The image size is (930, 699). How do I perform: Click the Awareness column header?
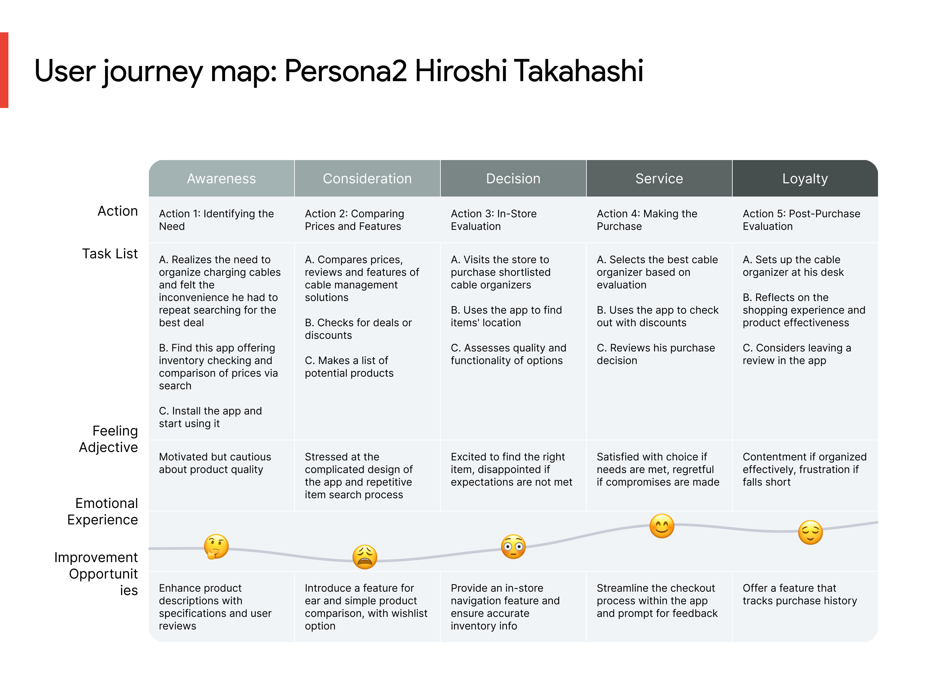(221, 178)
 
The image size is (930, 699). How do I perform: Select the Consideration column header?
(367, 178)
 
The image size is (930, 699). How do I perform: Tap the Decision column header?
(513, 178)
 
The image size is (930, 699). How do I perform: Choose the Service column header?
(659, 178)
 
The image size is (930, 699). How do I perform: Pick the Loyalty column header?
(805, 178)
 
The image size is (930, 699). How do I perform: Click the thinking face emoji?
(216, 546)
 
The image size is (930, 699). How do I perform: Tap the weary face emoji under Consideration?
(365, 557)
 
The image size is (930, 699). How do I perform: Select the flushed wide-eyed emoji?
(513, 546)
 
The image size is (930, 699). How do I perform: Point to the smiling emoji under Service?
(661, 526)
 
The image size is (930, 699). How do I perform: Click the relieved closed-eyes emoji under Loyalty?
(810, 532)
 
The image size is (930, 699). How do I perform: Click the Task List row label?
(110, 254)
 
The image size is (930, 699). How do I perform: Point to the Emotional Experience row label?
(103, 511)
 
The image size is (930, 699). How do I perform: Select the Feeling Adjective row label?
(108, 439)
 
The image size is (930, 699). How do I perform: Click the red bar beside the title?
(4, 70)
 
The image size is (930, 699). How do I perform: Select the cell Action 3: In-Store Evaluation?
(494, 220)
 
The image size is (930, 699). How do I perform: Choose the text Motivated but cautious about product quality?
(215, 463)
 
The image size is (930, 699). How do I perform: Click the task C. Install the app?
(210, 417)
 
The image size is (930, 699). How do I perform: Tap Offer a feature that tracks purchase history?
(799, 594)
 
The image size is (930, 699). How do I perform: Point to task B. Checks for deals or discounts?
(358, 329)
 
